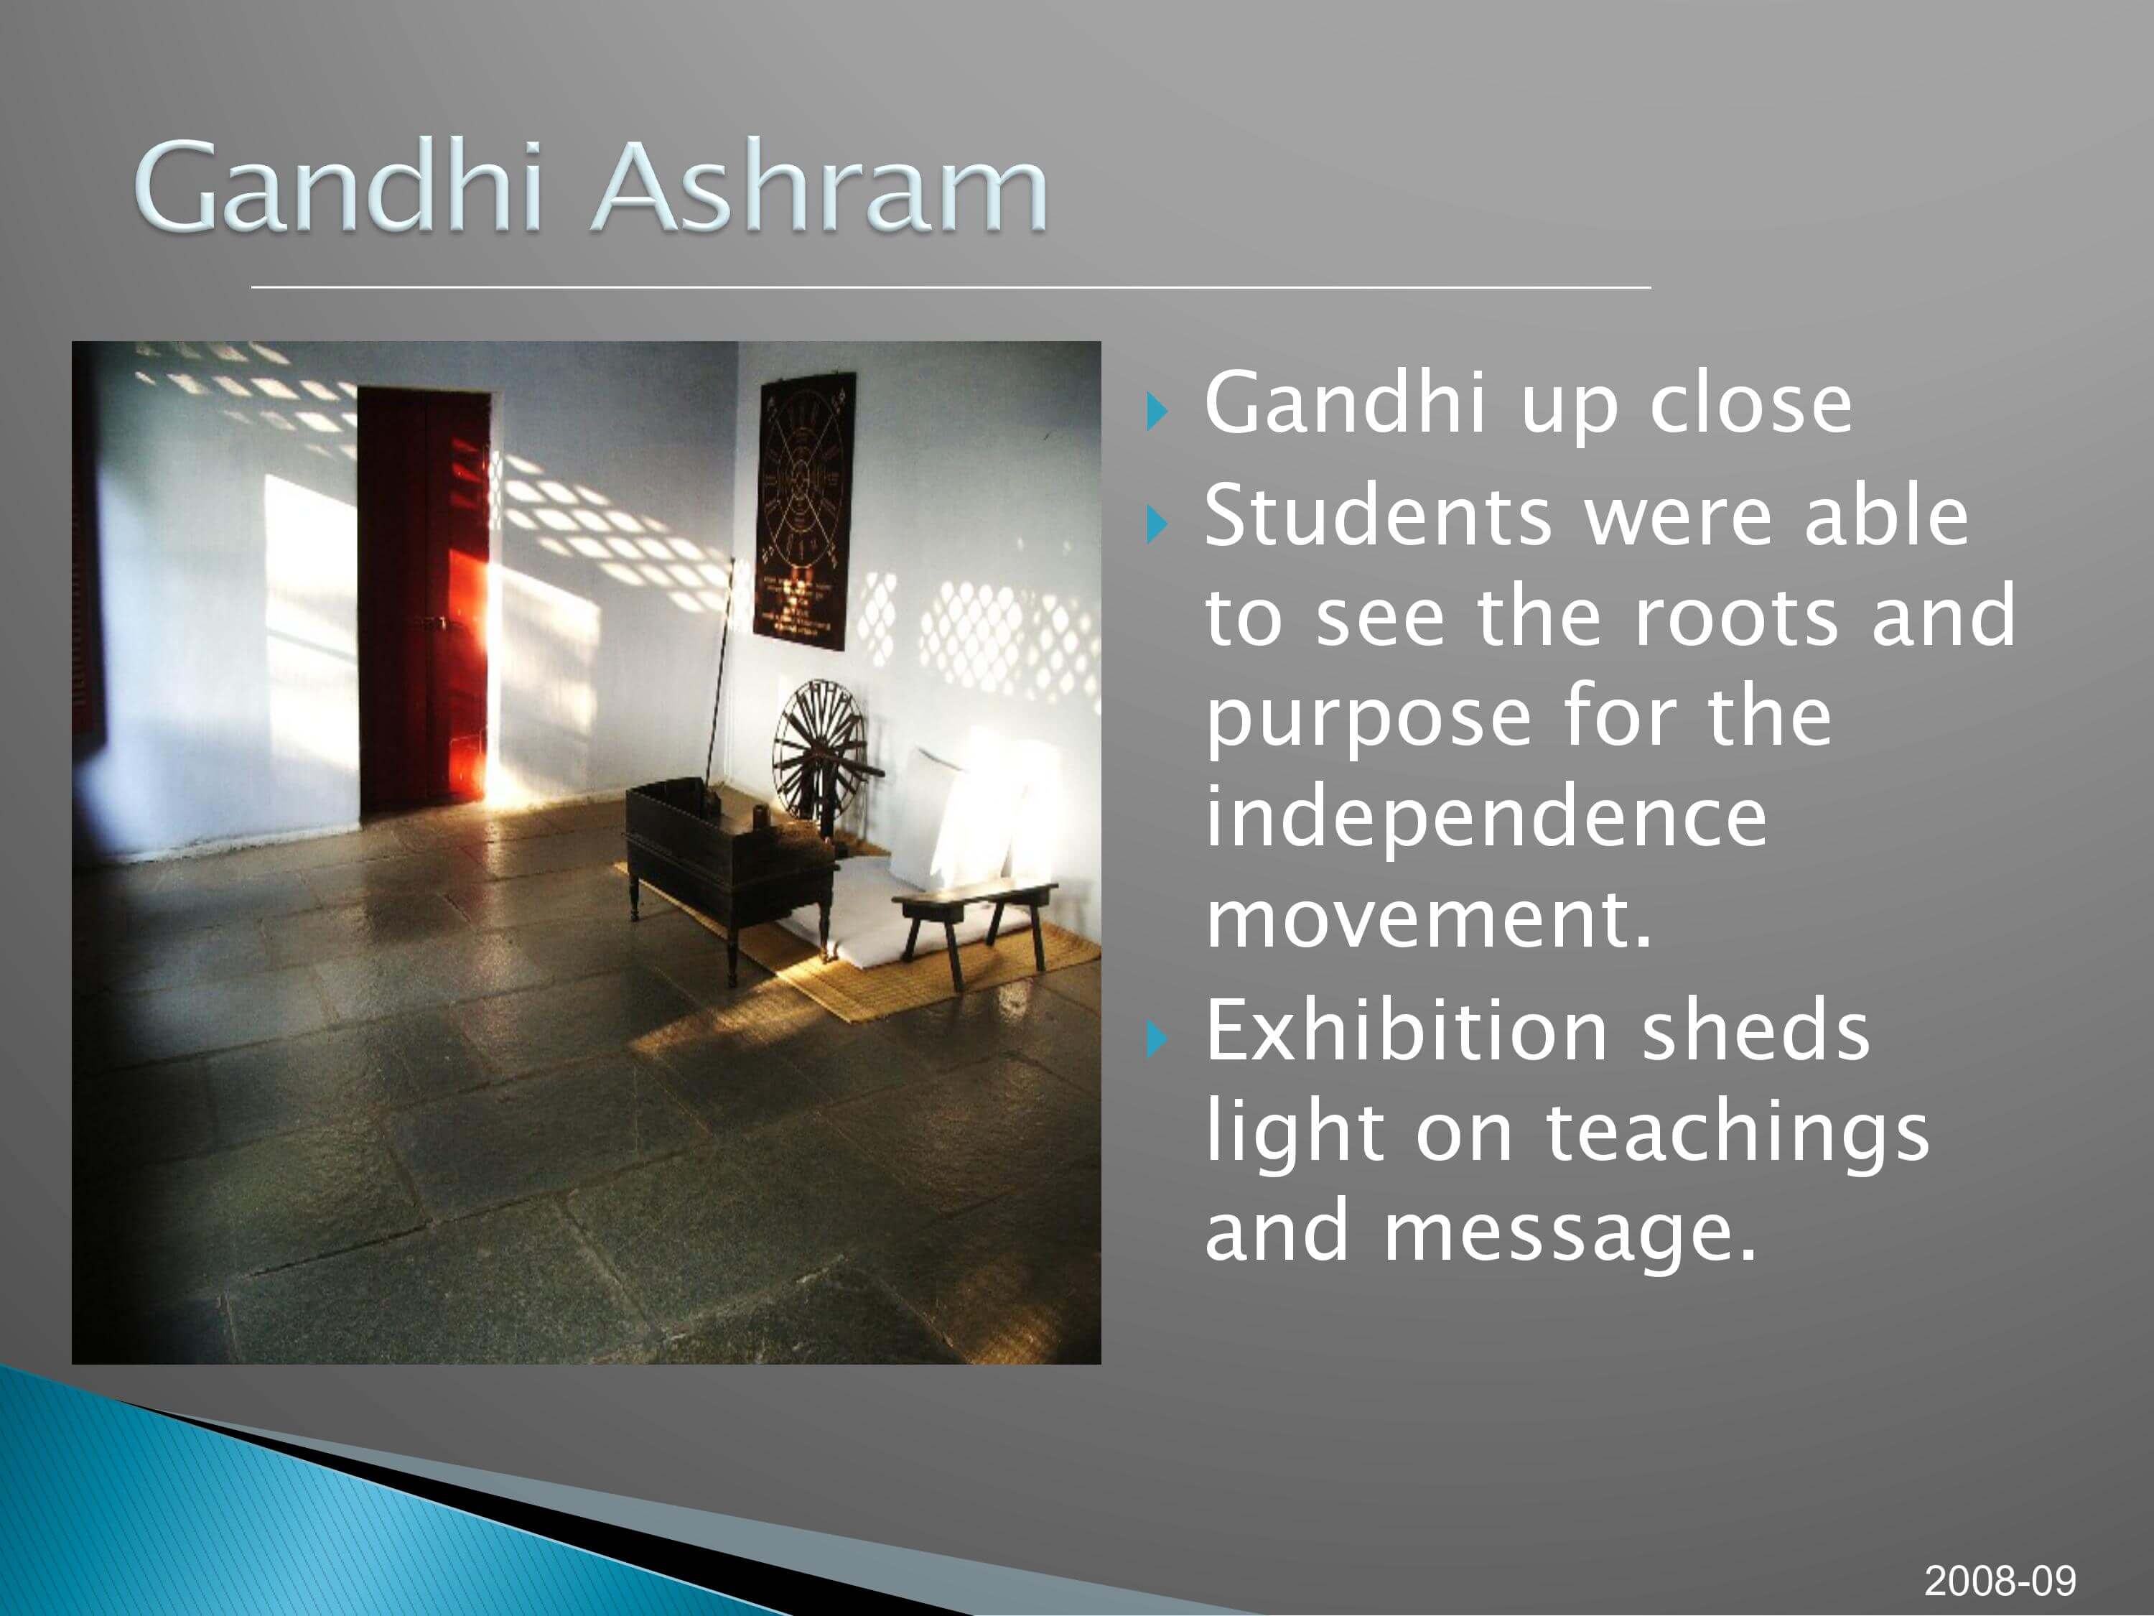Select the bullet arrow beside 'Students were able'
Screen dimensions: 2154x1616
coord(1156,525)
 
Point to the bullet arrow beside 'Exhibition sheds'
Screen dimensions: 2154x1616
coord(1156,1040)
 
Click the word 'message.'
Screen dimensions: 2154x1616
coord(1570,1232)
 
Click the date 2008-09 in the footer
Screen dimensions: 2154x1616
coord(2000,1580)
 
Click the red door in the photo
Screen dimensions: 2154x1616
coord(424,601)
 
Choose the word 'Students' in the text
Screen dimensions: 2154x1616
coord(1378,516)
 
